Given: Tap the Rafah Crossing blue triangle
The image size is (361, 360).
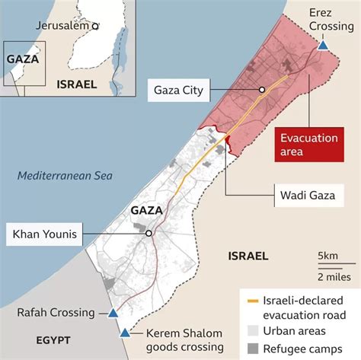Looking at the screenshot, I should pos(113,313).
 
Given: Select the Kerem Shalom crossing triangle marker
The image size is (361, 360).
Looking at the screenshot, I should pos(125,333).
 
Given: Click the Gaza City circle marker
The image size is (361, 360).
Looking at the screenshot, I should pos(262,89).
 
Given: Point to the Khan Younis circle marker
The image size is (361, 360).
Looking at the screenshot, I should pos(149,234).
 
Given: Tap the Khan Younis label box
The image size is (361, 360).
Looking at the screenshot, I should pos(45,234).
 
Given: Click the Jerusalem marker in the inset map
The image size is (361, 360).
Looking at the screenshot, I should pos(95,25).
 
